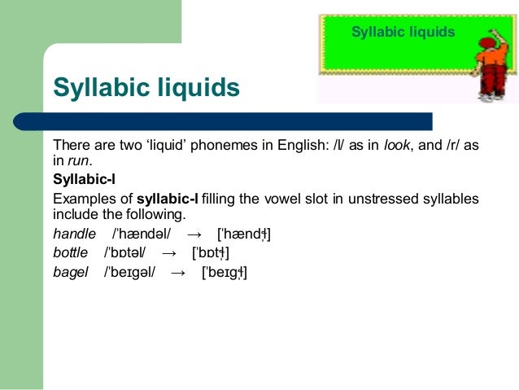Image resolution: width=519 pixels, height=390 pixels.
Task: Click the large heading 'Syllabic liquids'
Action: point(146,87)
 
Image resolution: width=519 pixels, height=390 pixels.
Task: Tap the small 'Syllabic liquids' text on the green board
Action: point(403,32)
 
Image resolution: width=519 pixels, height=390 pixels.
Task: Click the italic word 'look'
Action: point(396,145)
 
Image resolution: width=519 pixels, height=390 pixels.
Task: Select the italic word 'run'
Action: point(78,160)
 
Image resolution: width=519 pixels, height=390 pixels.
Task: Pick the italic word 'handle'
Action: point(74,234)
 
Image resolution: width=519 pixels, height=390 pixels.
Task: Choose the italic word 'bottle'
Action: point(70,253)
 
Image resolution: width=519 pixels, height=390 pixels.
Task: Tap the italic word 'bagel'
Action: point(70,272)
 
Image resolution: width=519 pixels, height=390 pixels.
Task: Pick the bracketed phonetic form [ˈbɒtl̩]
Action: point(216,254)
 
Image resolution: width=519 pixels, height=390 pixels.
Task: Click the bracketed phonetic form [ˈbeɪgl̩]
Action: point(224,273)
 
